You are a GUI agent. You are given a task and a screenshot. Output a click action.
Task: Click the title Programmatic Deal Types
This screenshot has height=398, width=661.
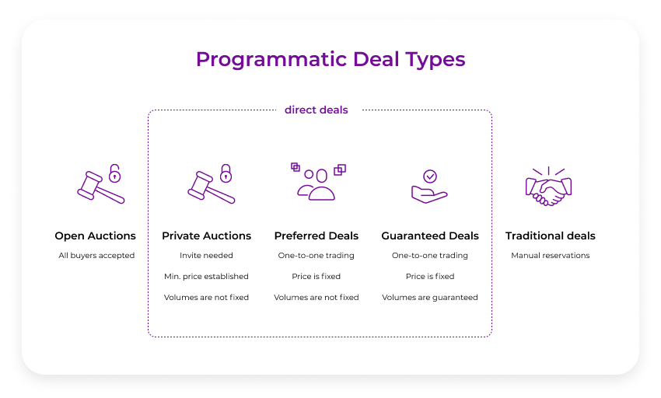[330, 60]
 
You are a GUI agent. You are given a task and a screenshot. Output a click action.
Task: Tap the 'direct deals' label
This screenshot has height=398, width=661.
[317, 110]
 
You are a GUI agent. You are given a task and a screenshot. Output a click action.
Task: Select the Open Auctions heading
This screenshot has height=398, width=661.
[95, 236]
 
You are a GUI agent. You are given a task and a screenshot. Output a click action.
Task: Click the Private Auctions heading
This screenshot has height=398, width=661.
[206, 236]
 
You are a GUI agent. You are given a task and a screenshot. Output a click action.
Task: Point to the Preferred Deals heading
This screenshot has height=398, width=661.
[317, 236]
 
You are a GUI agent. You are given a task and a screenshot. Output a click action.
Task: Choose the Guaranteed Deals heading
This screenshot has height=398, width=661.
[430, 236]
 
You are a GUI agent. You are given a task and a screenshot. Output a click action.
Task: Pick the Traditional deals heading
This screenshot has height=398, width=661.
[551, 236]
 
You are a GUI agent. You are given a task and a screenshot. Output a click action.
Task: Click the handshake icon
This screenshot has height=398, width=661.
[549, 187]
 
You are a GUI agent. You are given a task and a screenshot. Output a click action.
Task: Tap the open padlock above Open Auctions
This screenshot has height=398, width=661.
[115, 173]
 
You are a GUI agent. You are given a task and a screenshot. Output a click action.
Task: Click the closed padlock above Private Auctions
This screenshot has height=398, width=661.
[226, 173]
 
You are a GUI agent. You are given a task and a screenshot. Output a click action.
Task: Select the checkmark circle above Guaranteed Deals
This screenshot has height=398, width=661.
[430, 176]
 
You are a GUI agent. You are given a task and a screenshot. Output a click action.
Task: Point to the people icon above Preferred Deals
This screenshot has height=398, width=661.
[317, 187]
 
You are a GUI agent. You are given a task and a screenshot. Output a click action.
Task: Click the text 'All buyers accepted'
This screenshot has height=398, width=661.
[96, 256]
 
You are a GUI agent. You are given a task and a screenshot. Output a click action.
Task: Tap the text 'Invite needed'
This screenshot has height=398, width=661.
[206, 256]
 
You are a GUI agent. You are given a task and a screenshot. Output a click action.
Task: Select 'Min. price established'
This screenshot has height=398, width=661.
[206, 277]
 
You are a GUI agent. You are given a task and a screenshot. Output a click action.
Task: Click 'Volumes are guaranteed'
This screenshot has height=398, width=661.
[430, 298]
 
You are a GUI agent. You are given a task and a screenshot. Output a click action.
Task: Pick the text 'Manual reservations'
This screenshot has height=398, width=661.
[551, 256]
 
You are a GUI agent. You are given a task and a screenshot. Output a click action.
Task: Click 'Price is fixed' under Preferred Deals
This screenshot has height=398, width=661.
[317, 277]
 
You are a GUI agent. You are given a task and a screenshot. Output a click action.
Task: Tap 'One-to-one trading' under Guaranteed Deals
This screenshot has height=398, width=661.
[430, 256]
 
